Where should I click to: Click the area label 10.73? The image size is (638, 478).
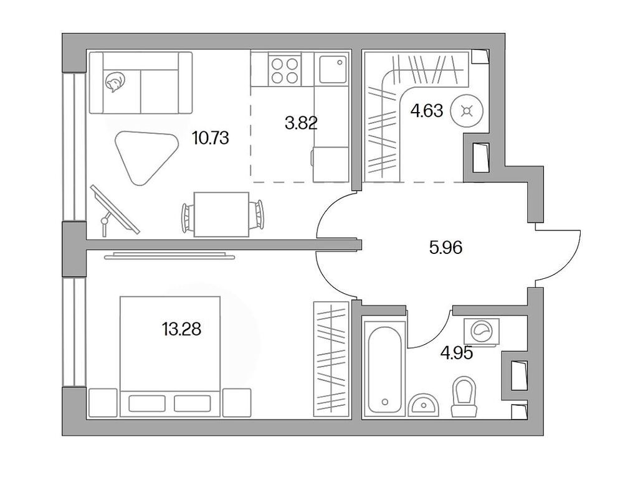click(x=211, y=138)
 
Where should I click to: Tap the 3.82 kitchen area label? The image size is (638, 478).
click(x=301, y=123)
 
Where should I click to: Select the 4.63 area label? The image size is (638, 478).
click(x=426, y=111)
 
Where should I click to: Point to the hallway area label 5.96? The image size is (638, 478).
click(x=445, y=248)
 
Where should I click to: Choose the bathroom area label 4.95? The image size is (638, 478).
click(x=456, y=353)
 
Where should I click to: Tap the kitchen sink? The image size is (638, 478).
click(x=333, y=68)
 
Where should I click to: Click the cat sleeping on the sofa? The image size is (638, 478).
click(x=115, y=82)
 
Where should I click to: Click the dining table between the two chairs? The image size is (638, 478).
click(x=222, y=214)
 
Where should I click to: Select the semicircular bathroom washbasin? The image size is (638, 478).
click(x=424, y=404)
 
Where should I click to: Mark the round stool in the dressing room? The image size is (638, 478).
click(x=465, y=112)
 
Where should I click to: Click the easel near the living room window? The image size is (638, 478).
click(x=113, y=209)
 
